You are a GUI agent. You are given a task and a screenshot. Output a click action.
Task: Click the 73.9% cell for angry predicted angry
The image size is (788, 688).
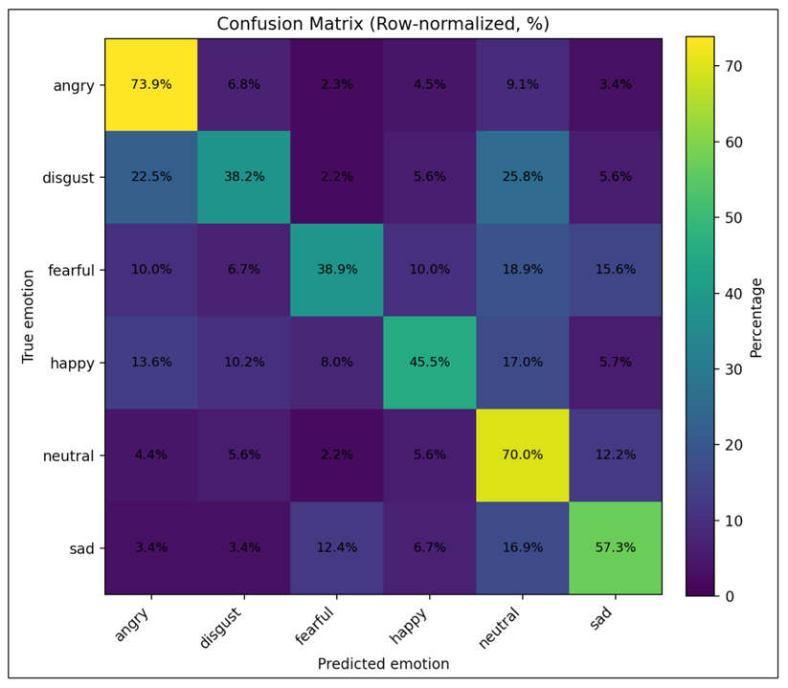[x=151, y=84]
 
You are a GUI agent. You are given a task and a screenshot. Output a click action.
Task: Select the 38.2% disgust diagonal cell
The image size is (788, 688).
[x=244, y=177]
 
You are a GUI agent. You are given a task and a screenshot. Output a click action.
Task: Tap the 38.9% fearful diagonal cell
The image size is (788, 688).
[x=336, y=270]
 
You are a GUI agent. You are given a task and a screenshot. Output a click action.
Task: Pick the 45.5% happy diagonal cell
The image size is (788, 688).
[x=429, y=363]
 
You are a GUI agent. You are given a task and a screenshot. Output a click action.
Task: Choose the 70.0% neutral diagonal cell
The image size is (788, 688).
[x=522, y=455]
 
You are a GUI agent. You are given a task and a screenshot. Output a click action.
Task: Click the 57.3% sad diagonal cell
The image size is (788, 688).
[x=615, y=548]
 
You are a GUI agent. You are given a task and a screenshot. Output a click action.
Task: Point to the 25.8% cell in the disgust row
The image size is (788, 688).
[x=522, y=177]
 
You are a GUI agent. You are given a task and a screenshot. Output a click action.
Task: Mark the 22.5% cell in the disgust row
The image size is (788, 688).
[x=151, y=177]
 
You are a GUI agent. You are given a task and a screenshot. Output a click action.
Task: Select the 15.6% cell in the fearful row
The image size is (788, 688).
[x=615, y=270]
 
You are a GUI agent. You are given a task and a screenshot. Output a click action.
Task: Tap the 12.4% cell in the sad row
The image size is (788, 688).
[x=336, y=548]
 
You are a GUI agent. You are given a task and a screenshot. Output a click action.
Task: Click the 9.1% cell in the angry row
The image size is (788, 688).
[x=522, y=84]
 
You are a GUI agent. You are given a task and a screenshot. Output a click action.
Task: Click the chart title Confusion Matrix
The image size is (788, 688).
[x=383, y=23]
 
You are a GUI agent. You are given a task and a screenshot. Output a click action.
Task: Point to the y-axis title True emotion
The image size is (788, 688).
[x=29, y=317]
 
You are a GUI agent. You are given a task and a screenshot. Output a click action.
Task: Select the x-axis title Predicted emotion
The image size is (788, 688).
[x=383, y=663]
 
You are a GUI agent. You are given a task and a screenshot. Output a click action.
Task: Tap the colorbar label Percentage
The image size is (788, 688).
[x=756, y=317]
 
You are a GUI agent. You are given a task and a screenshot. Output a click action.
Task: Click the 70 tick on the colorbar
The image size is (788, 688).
[x=734, y=65]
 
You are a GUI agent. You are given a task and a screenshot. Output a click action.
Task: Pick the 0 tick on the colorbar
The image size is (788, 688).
[x=730, y=595]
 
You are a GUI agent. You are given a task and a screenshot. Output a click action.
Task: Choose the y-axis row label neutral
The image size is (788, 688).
[x=69, y=455]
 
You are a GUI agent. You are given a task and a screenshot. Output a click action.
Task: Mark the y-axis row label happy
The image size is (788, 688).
[x=74, y=363]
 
